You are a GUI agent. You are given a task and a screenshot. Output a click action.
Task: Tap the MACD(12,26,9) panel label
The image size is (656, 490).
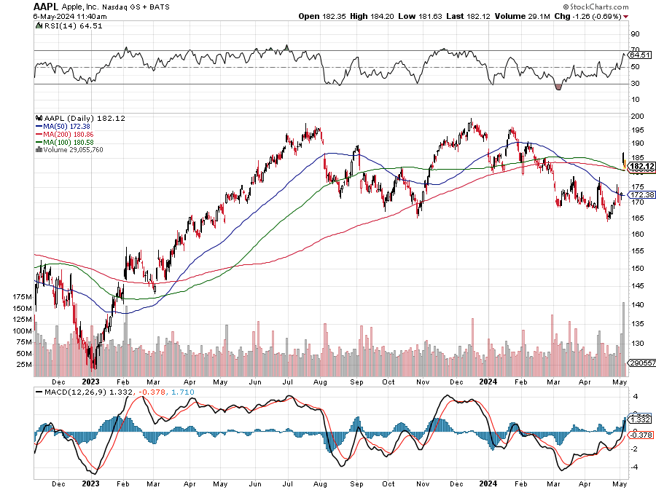point(70,393)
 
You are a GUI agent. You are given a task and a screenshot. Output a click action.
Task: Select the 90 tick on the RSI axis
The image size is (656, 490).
point(634,33)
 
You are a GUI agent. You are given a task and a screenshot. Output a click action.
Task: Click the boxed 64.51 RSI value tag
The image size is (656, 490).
point(639,55)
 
